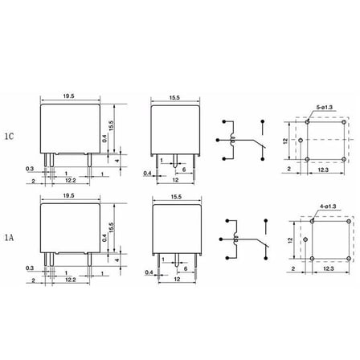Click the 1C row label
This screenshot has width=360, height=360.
(x=9, y=137)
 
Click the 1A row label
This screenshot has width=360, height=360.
(x=9, y=237)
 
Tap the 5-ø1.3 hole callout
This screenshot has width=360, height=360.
(x=325, y=107)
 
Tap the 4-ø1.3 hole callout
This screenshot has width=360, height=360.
(x=328, y=207)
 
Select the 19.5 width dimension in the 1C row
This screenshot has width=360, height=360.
(x=69, y=96)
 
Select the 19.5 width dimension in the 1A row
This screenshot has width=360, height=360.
(x=69, y=196)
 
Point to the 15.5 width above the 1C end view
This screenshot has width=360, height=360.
(x=174, y=98)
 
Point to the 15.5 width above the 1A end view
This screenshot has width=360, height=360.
(x=176, y=197)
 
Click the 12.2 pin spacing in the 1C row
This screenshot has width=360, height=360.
(x=71, y=181)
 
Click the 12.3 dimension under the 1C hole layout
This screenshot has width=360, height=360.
(x=323, y=170)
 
